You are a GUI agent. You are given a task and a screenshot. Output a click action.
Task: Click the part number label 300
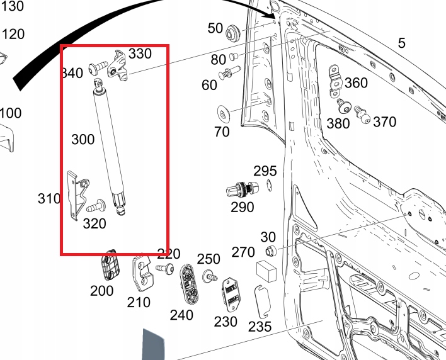(x=83, y=139)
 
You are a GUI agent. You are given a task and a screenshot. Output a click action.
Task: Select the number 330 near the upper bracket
(x=140, y=54)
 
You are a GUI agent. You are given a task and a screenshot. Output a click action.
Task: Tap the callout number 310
(x=49, y=199)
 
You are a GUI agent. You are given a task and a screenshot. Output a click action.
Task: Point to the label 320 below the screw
(x=94, y=223)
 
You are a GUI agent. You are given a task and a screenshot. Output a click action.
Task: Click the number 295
(x=265, y=171)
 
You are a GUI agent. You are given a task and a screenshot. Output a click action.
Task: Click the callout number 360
(x=356, y=83)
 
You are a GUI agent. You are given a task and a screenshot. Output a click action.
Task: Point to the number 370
(x=384, y=122)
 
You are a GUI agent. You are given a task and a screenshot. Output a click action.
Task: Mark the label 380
(x=338, y=124)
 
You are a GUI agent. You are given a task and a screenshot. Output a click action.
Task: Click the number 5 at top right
(x=401, y=43)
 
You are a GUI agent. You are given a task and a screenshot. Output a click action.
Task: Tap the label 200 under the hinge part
(x=101, y=291)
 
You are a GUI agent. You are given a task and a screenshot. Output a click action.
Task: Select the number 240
(x=181, y=315)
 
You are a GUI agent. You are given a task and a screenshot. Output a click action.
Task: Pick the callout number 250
(x=209, y=259)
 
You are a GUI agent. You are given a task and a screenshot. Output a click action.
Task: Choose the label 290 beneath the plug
(x=243, y=207)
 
